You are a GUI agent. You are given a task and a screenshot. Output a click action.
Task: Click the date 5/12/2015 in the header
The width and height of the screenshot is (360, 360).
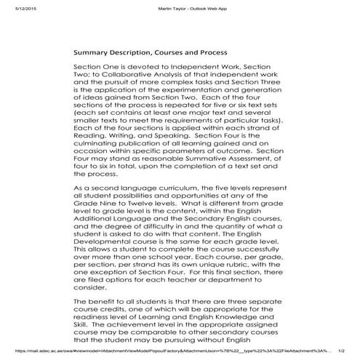tap(15, 8)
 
